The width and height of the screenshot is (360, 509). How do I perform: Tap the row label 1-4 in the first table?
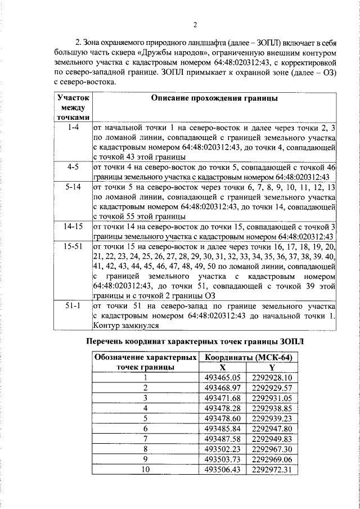pos(73,129)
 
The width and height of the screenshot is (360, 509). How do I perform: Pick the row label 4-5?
pos(73,168)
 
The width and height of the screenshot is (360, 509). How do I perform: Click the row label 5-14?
pos(73,186)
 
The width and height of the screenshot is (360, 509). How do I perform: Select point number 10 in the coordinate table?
pos(145,469)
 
